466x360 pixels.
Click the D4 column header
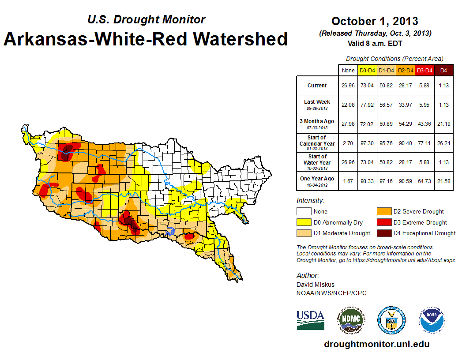click(x=443, y=71)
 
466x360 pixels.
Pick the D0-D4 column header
click(x=368, y=71)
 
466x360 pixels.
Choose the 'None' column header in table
click(x=348, y=71)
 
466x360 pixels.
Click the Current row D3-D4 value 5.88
click(x=425, y=86)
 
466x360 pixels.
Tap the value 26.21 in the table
click(x=443, y=143)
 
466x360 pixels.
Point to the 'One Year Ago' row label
click(x=317, y=179)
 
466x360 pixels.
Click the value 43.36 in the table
click(x=425, y=124)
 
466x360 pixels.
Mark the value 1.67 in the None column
click(x=348, y=181)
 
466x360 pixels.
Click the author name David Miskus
click(x=315, y=285)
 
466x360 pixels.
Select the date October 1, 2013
click(x=375, y=21)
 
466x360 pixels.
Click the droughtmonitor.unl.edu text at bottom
click(x=376, y=344)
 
